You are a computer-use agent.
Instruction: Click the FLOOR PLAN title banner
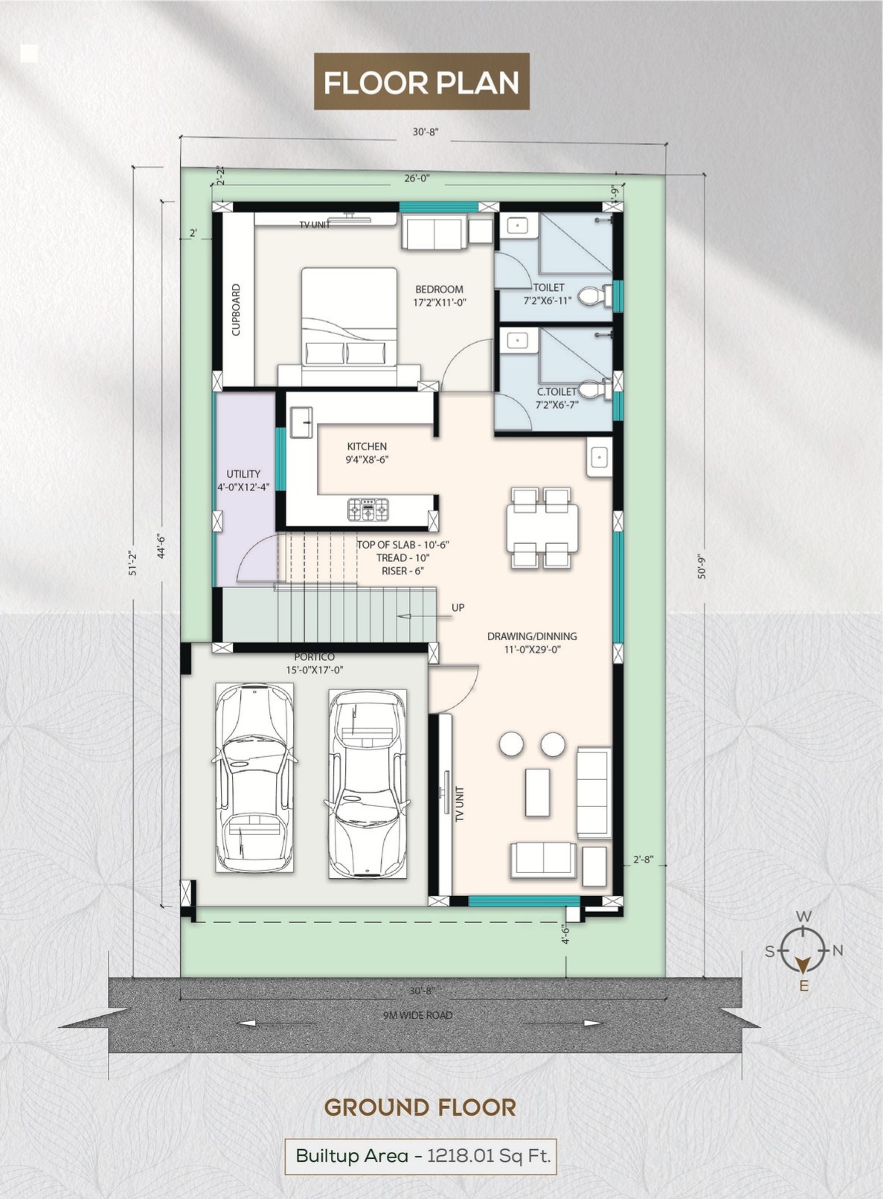point(421,81)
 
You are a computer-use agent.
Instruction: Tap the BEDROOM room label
point(440,290)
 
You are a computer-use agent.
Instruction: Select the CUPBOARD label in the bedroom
point(236,310)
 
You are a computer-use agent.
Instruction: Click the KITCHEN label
point(367,447)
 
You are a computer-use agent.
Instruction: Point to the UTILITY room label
point(243,473)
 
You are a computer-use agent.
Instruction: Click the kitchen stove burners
point(368,510)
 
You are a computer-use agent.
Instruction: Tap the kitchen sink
point(302,422)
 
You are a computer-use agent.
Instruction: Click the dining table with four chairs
point(542,527)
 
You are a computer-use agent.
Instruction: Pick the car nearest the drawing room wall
point(367,784)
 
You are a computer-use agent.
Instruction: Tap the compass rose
point(802,951)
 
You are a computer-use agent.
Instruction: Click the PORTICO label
point(314,656)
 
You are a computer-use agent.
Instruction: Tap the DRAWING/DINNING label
point(532,636)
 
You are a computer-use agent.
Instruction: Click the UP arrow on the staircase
point(424,616)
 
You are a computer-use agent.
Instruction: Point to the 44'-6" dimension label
point(161,544)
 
